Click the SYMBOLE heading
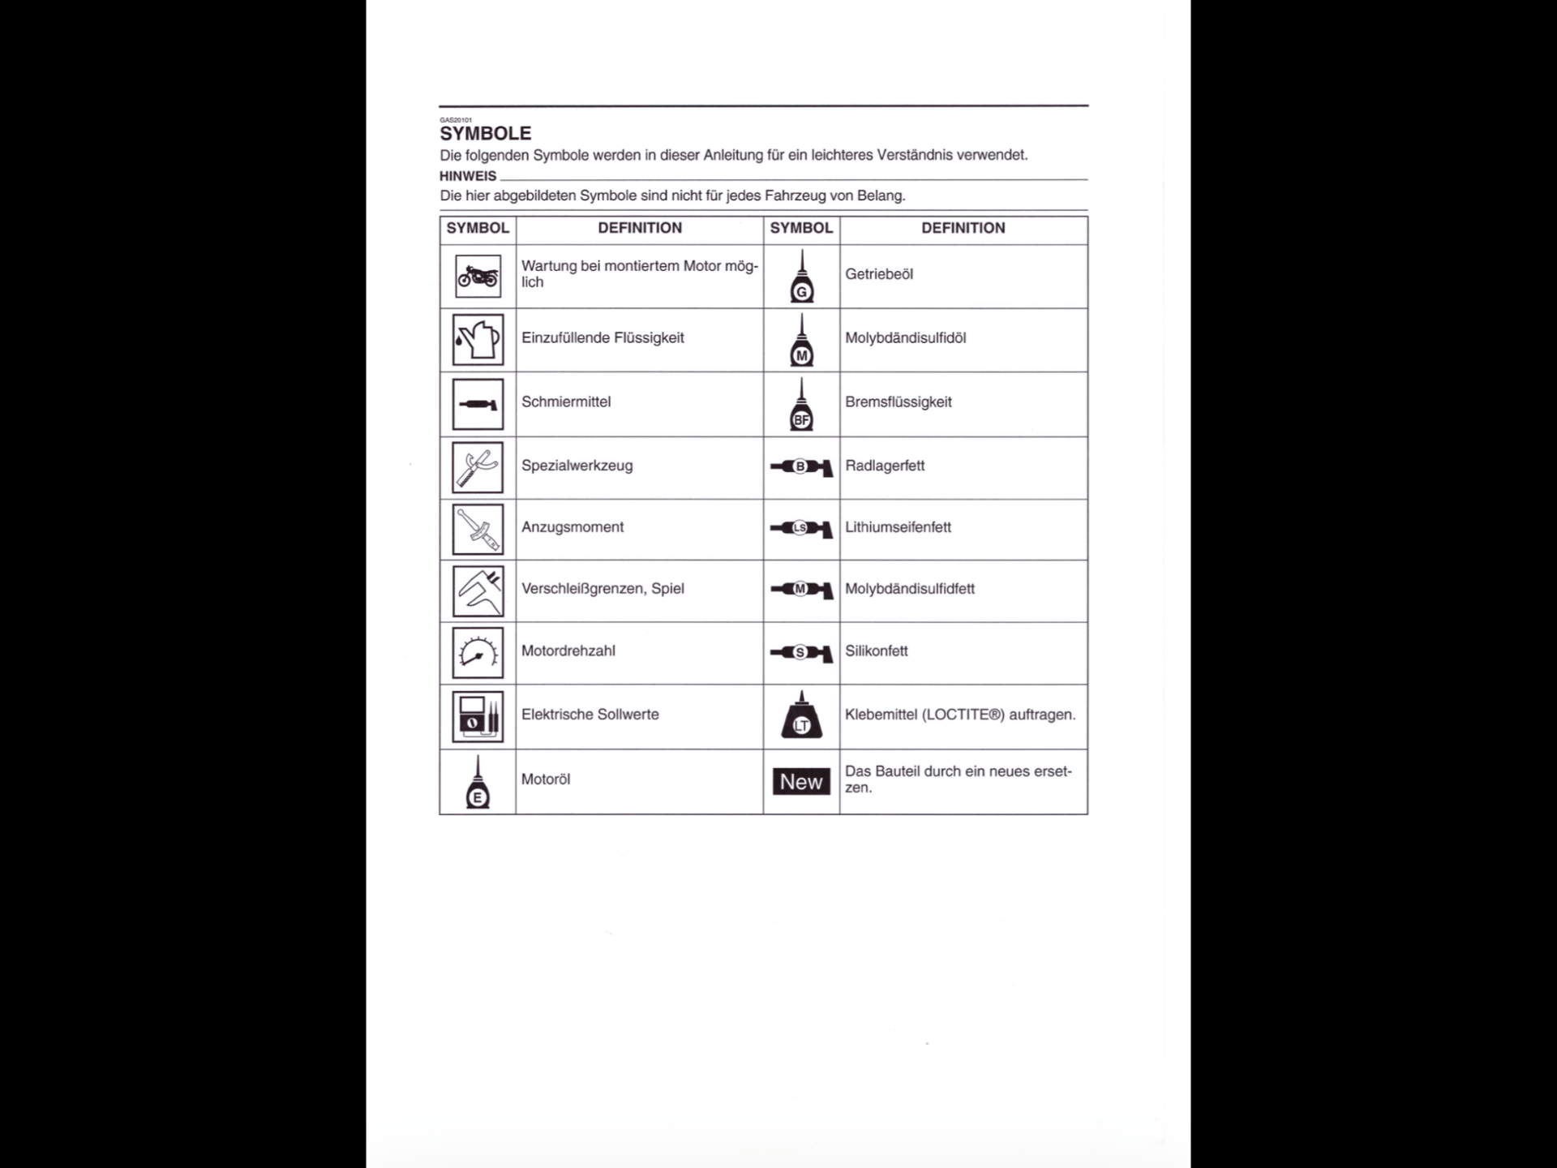tap(485, 134)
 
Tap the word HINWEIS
tap(468, 176)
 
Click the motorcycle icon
tap(478, 277)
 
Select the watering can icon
tap(478, 340)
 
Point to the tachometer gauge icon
tap(478, 652)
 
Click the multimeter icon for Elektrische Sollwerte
tap(478, 716)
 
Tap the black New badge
tap(801, 781)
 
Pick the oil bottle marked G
tap(802, 277)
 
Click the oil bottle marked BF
tap(802, 405)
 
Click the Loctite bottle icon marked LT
tap(802, 716)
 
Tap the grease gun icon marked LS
tap(801, 529)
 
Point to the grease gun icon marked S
tap(801, 653)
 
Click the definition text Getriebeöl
tap(879, 274)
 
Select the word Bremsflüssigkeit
tap(898, 402)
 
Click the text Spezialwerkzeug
tap(577, 466)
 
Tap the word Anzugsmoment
tap(573, 527)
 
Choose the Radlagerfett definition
tap(885, 466)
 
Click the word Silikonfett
tap(877, 651)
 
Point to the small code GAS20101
tap(456, 120)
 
